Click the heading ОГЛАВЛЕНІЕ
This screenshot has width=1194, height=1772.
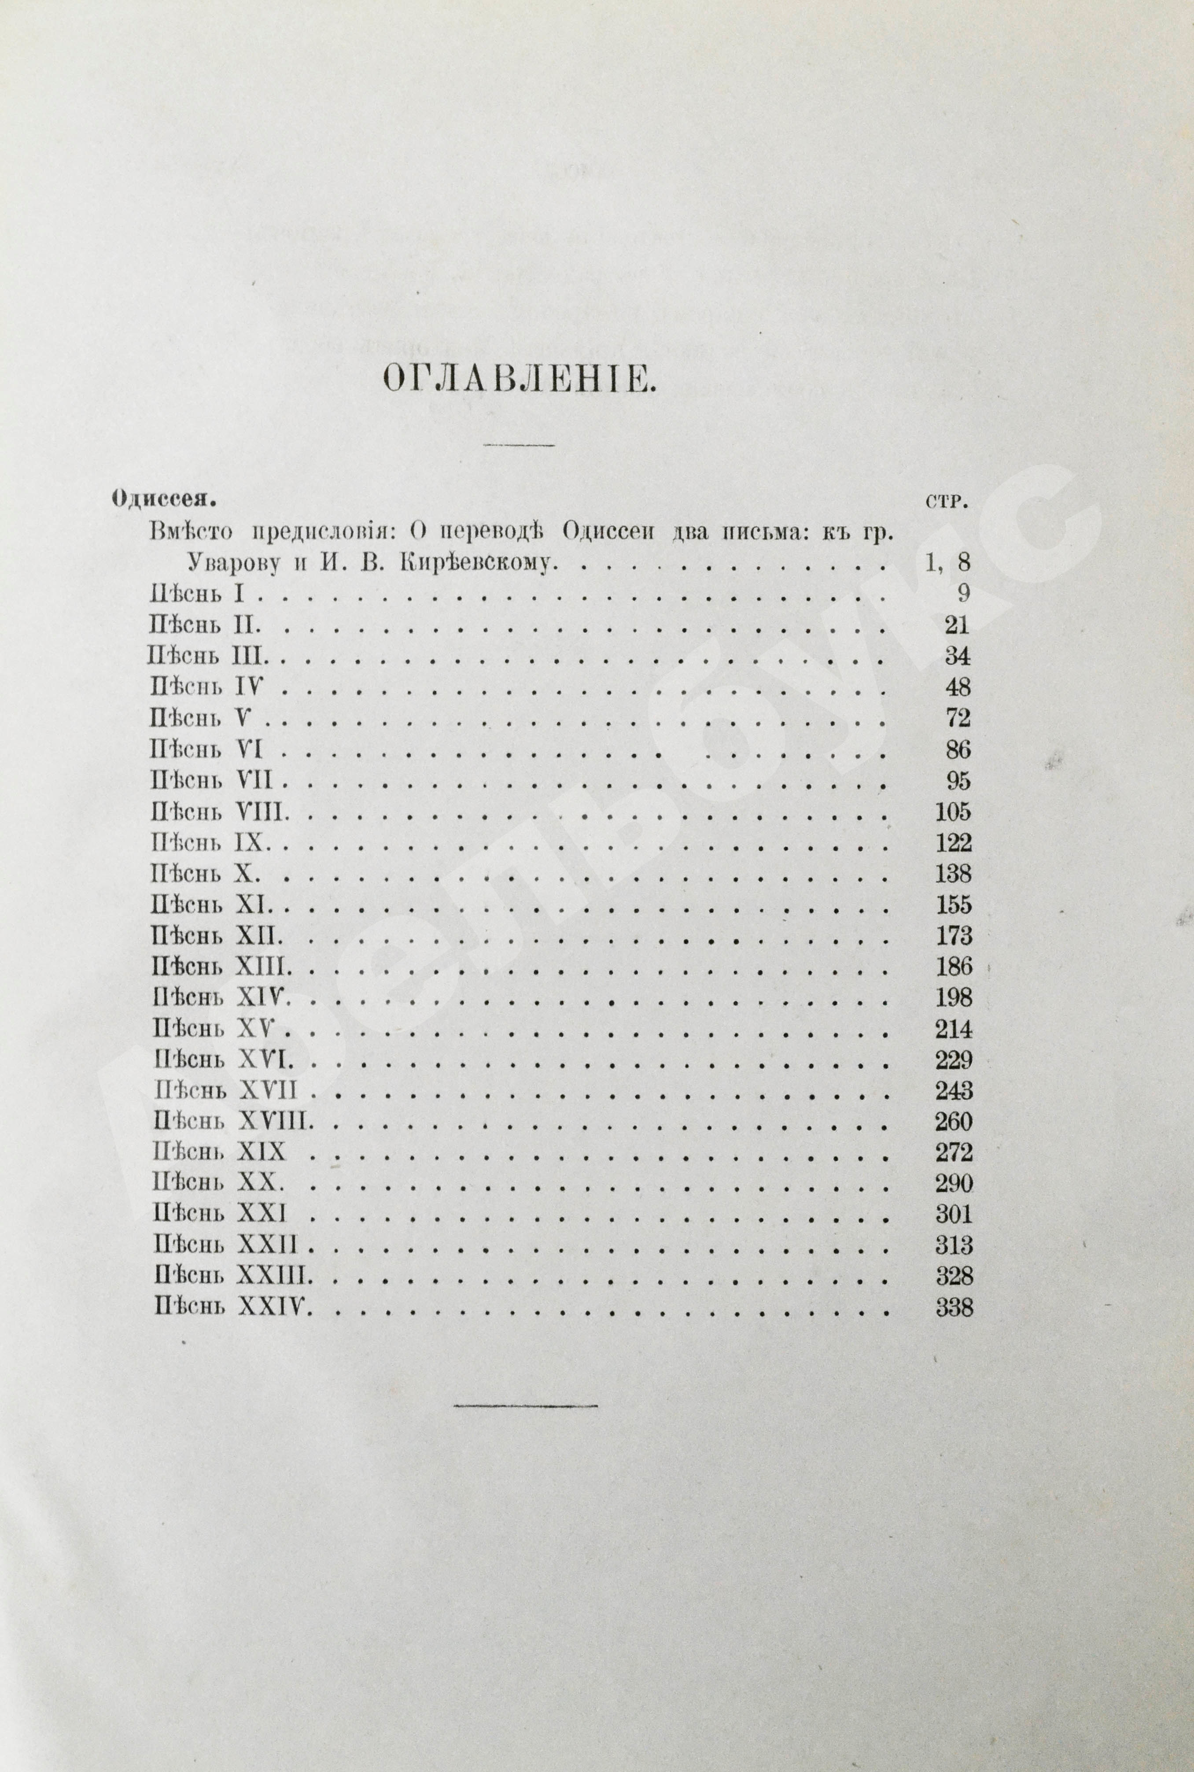(518, 379)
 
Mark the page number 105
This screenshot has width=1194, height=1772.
(953, 812)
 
